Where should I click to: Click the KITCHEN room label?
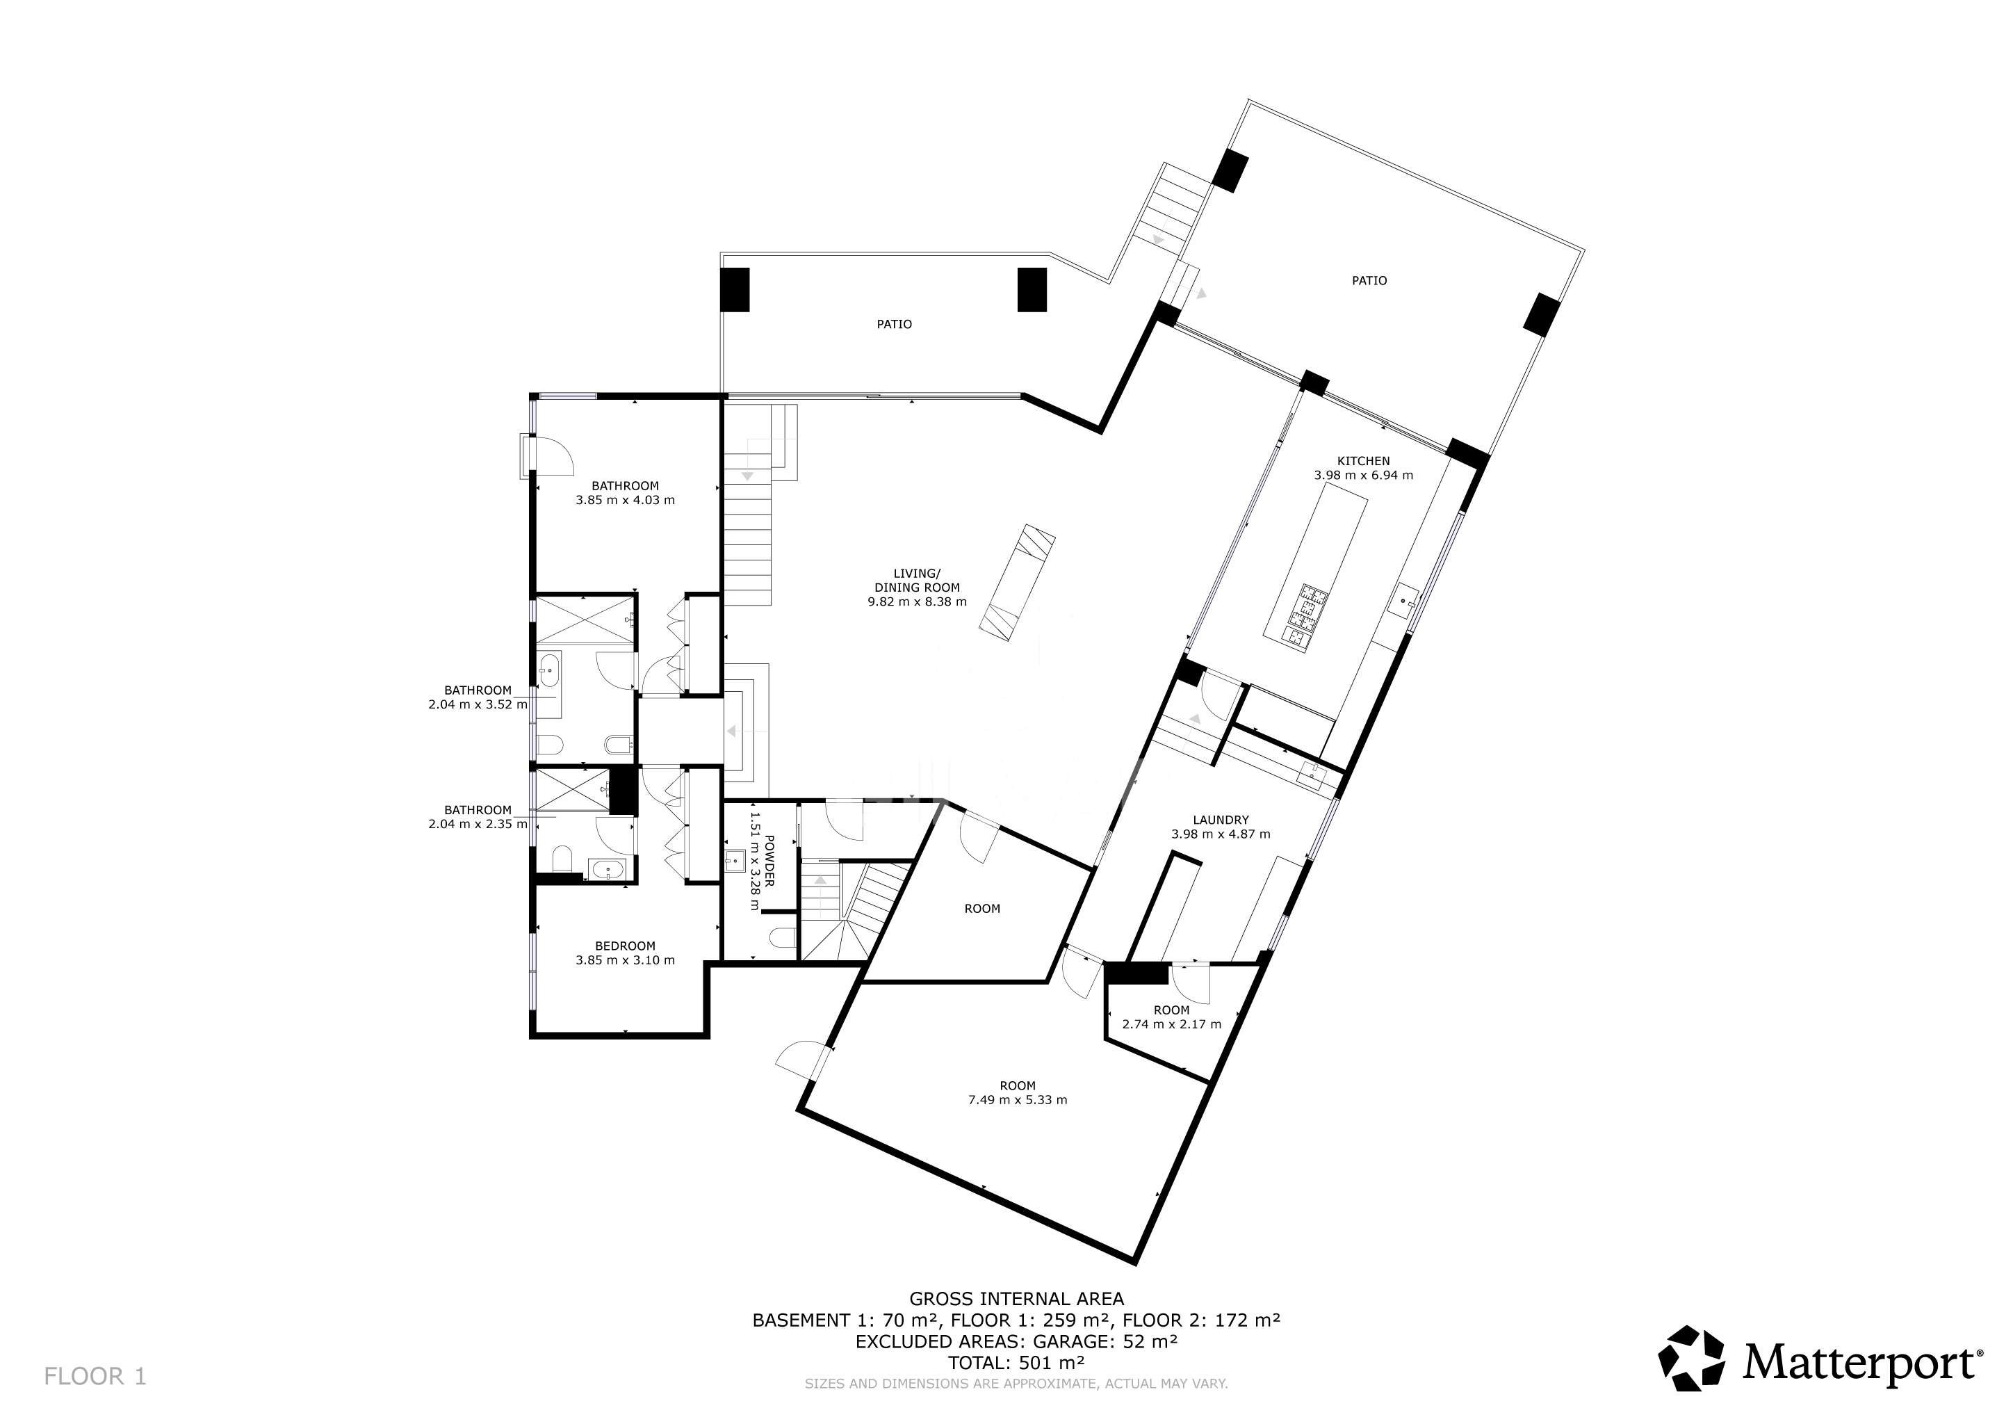(1363, 461)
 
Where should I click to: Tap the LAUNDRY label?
(1221, 820)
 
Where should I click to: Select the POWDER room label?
(769, 861)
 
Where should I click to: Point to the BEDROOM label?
(625, 946)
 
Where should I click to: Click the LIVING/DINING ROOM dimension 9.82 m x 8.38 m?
(917, 602)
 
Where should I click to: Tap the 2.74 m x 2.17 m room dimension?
(1171, 1024)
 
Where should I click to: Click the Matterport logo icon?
(1692, 1358)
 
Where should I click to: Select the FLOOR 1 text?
(95, 1377)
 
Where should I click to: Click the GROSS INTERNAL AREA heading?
(1016, 1299)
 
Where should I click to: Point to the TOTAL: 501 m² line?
(1016, 1363)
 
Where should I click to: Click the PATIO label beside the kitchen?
(1369, 281)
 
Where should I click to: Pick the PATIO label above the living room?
(895, 325)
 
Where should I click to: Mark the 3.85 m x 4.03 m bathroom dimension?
(625, 501)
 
